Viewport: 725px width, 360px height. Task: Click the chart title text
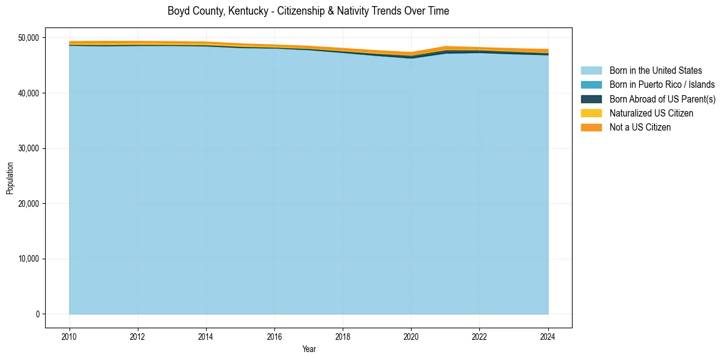(x=308, y=11)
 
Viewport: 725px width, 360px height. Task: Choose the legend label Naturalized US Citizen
(x=651, y=113)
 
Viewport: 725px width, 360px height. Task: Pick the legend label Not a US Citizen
(x=640, y=128)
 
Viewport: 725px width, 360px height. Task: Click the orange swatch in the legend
(x=591, y=128)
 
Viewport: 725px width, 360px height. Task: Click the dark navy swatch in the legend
(x=591, y=99)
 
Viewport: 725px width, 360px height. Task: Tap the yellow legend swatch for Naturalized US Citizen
(x=591, y=113)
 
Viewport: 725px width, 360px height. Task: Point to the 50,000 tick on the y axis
(x=29, y=38)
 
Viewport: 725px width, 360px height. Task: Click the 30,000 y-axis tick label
(x=29, y=148)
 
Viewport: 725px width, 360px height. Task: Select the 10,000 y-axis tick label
(x=29, y=259)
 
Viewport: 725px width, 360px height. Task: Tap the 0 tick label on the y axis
(x=37, y=314)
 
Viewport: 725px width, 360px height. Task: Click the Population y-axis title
(x=10, y=178)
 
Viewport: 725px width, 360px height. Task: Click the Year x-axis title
(x=309, y=349)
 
